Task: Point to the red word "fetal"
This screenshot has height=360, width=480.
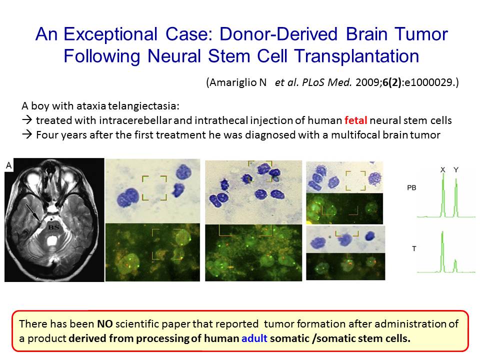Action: pos(355,120)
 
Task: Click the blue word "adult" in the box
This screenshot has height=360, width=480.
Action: pos(254,338)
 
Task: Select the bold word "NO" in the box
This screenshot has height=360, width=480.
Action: pos(104,324)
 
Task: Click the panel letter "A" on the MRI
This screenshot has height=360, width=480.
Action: pos(9,165)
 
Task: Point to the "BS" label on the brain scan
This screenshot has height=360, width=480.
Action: pos(53,227)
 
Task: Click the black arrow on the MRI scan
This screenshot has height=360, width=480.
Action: pos(33,213)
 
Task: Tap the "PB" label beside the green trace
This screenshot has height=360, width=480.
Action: pos(411,187)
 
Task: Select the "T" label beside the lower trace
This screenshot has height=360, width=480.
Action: pos(414,248)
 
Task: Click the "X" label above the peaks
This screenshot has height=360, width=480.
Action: pos(442,169)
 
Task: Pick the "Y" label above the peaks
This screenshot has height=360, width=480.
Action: pos(456,169)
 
